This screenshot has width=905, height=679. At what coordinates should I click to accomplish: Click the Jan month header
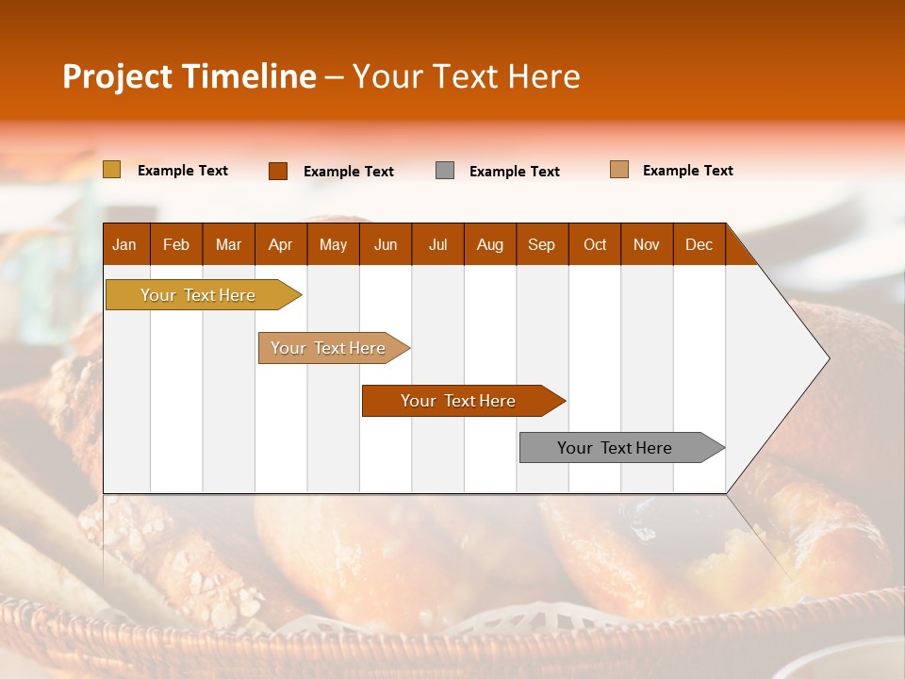(125, 244)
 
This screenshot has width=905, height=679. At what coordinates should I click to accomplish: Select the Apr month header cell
(281, 244)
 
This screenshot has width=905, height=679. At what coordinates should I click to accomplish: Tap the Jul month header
(437, 244)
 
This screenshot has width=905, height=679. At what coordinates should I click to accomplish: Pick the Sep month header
(542, 244)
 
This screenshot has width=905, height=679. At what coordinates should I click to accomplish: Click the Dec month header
(699, 244)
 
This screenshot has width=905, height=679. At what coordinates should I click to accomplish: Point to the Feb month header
(176, 244)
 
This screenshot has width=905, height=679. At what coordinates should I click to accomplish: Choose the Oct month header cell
(595, 244)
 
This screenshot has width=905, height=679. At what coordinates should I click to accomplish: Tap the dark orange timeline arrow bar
(459, 401)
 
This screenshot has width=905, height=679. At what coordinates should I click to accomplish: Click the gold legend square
(112, 170)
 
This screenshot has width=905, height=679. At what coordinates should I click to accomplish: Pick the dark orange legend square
(278, 171)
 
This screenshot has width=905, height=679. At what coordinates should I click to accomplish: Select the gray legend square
(445, 171)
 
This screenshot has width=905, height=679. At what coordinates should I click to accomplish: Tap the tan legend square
(619, 170)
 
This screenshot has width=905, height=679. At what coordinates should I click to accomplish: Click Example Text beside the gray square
(515, 172)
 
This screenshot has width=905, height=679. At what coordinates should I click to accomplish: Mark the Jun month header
(386, 244)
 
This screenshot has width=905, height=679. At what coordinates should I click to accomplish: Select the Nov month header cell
(647, 244)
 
